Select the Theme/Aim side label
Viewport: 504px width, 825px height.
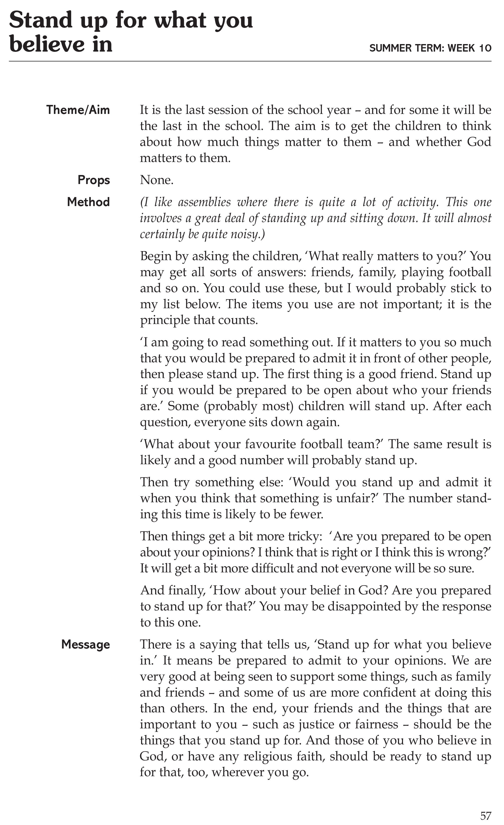tap(78, 110)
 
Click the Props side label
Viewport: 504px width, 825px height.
tap(93, 180)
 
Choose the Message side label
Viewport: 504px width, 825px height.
tap(85, 644)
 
